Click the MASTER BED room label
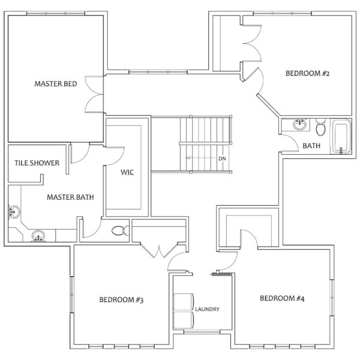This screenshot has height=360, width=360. (x=55, y=85)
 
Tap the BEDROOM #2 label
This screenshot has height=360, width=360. (x=308, y=74)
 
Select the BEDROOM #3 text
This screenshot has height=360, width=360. (x=121, y=299)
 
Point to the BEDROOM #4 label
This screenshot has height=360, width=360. (x=282, y=298)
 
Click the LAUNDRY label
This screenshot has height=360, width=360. (x=207, y=310)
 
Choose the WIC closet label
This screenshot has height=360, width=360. (x=127, y=172)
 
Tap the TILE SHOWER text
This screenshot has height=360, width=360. (x=37, y=163)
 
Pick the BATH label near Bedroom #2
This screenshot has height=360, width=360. (x=311, y=146)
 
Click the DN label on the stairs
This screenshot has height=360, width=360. (x=222, y=158)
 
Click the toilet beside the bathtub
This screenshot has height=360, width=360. (x=321, y=128)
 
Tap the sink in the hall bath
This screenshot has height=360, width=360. (x=299, y=125)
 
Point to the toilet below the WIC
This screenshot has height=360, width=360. (x=121, y=229)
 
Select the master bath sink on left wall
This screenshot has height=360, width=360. (x=14, y=211)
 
